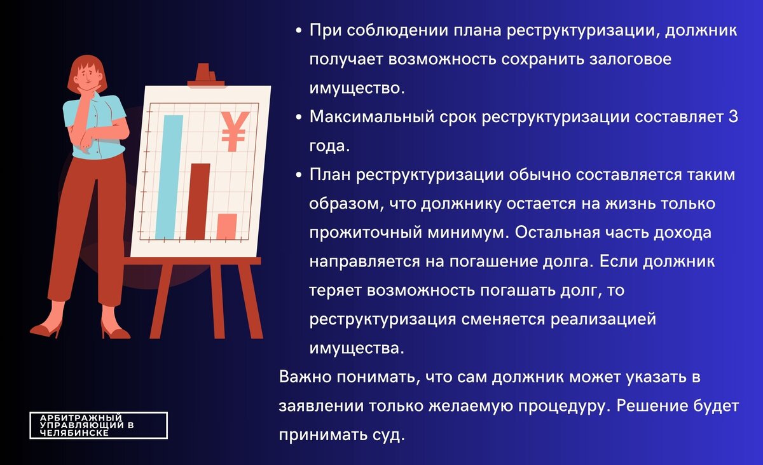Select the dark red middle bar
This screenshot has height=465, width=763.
pyautogui.click(x=198, y=200)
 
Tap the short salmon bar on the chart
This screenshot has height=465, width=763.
pyautogui.click(x=226, y=226)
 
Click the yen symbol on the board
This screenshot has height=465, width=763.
pyautogui.click(x=233, y=130)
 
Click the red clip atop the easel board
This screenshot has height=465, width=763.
pyautogui.click(x=203, y=74)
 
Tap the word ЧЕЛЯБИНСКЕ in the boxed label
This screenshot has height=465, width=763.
pyautogui.click(x=74, y=433)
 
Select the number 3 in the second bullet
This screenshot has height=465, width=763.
pyautogui.click(x=733, y=118)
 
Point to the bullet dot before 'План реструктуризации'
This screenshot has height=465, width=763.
pyautogui.click(x=299, y=176)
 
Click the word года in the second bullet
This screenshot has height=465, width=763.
pyautogui.click(x=329, y=146)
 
